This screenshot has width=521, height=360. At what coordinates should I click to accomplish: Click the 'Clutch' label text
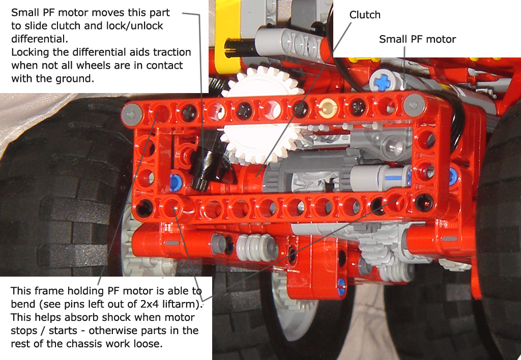pos(365,15)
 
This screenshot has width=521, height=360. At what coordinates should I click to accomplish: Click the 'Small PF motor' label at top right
pos(417,39)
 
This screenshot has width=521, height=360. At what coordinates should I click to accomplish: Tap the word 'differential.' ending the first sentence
pos(40,39)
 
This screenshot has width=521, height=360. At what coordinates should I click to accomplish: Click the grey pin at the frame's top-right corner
pos(414,105)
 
